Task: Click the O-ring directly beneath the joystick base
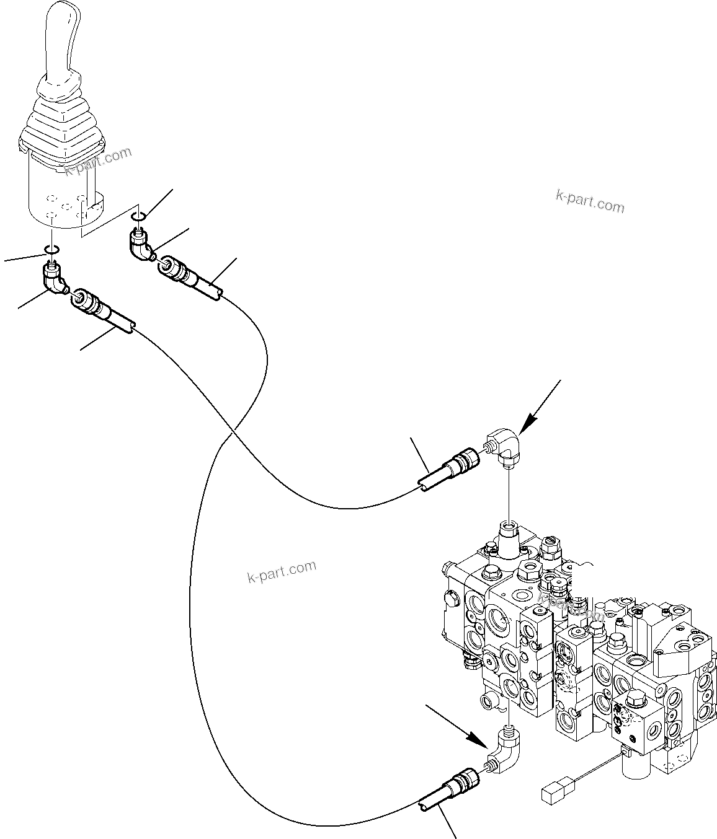[x=51, y=250]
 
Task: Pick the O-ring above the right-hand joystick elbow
[x=139, y=216]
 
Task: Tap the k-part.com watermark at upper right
[x=590, y=201]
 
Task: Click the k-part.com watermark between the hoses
[x=282, y=571]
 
